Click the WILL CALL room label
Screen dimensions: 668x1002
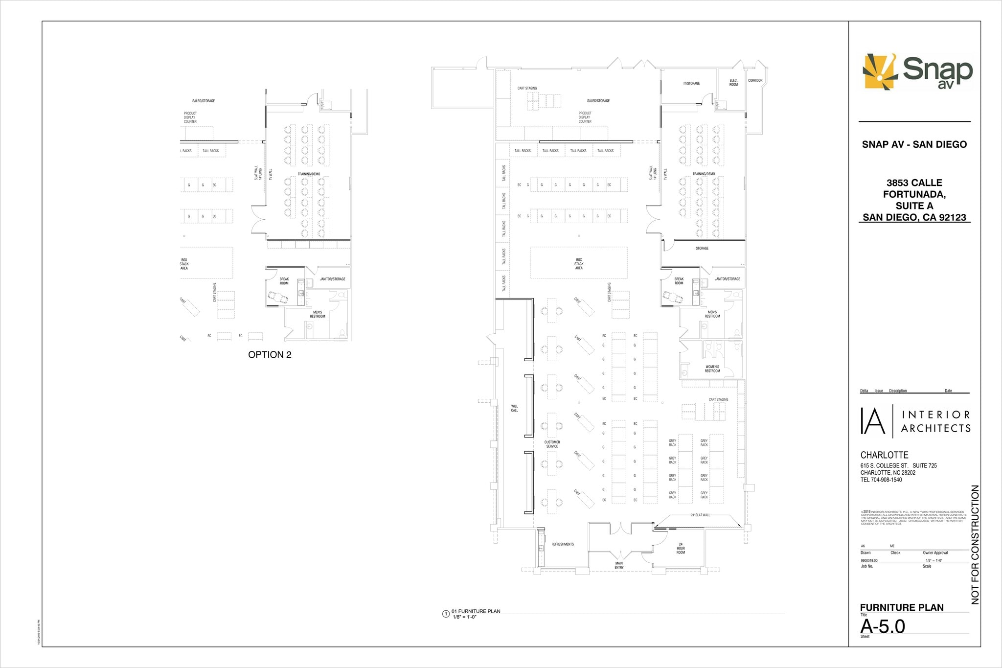coord(514,408)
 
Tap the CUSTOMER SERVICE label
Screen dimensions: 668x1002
coord(552,444)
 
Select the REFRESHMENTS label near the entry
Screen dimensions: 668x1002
coord(563,544)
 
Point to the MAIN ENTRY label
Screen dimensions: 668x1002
coord(619,565)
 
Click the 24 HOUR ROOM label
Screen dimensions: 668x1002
coord(681,548)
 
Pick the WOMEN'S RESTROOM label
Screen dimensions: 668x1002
coord(712,369)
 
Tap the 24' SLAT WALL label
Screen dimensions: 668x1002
coord(700,515)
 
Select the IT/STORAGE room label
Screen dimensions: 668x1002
coord(691,84)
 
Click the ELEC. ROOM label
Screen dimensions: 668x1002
coord(733,83)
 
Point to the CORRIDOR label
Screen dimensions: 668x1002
coord(755,81)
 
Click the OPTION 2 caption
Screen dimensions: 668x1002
coord(270,355)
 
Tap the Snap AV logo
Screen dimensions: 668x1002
coord(917,71)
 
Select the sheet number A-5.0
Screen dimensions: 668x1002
coord(883,626)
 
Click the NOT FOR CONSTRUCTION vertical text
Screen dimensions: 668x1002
coord(975,544)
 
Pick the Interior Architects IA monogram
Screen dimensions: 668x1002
coord(873,420)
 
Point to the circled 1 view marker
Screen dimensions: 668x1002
coord(446,614)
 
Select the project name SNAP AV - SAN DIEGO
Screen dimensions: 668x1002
coord(914,144)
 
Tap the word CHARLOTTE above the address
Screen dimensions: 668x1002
coord(884,455)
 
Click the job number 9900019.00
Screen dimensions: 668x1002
coord(869,560)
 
